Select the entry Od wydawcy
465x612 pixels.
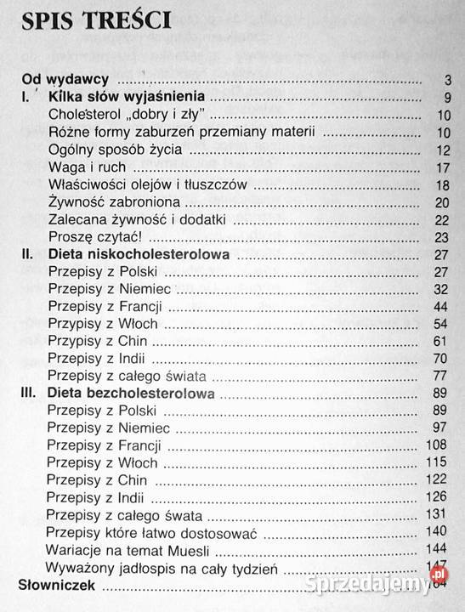click(x=67, y=81)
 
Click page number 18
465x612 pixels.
click(x=441, y=185)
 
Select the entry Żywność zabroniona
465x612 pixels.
click(x=117, y=202)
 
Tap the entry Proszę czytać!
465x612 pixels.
click(x=95, y=237)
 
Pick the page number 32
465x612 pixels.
click(x=441, y=290)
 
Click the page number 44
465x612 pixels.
click(x=441, y=307)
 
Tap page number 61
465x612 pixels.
click(x=441, y=342)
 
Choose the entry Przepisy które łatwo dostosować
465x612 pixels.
click(x=153, y=534)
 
